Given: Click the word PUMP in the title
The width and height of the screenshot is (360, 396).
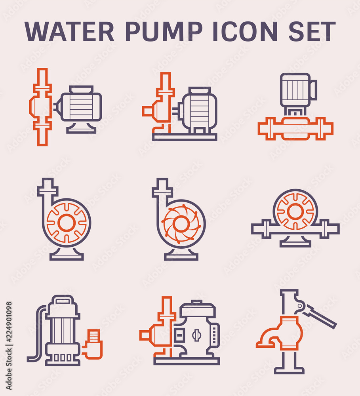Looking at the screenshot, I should (x=163, y=31).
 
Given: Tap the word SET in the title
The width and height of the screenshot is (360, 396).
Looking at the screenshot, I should (x=312, y=31).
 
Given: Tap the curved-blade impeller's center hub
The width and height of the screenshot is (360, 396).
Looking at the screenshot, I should (x=181, y=224).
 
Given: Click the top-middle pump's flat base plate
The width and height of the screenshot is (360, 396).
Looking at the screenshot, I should (x=185, y=137).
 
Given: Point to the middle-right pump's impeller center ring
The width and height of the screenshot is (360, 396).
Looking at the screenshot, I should (x=295, y=211).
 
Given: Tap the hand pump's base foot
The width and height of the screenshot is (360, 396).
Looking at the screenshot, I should (x=289, y=370).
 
